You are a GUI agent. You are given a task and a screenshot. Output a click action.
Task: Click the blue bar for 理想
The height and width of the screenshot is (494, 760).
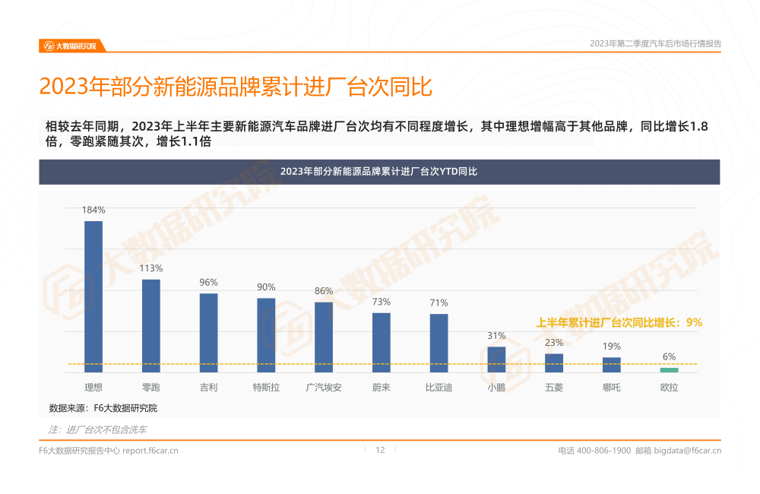93,296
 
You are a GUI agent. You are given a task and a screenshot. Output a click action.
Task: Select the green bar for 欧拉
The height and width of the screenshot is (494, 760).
669,369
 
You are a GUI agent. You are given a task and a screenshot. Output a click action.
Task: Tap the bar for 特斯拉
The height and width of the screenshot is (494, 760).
266,334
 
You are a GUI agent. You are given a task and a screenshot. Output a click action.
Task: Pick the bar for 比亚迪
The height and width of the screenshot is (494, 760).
439,342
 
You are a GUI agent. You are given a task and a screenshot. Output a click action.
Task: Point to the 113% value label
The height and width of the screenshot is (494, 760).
150,268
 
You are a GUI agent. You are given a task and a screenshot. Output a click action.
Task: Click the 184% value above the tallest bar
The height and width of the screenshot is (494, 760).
93,210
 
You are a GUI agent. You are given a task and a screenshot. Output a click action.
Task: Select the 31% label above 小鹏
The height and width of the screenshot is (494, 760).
496,335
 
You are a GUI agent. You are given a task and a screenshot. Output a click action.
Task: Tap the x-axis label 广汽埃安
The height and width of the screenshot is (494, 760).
324,388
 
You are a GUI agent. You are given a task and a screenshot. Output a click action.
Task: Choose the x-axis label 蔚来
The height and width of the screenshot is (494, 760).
381,388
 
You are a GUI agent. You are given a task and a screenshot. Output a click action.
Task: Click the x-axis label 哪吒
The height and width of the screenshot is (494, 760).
611,388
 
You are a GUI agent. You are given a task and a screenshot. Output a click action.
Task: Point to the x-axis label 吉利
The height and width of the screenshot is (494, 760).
208,388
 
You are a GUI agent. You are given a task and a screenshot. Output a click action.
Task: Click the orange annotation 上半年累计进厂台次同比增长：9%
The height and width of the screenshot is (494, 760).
619,322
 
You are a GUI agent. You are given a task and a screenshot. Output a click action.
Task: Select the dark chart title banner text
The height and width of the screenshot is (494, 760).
378,172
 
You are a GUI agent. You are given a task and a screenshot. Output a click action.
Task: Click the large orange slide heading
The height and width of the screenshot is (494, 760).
236,87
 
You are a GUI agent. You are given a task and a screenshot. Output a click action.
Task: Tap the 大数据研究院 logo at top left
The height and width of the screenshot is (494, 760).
71,46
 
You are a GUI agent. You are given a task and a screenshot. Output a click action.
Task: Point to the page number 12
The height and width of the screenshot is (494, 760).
380,450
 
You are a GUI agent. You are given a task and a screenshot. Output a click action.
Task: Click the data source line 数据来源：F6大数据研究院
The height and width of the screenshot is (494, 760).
103,408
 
